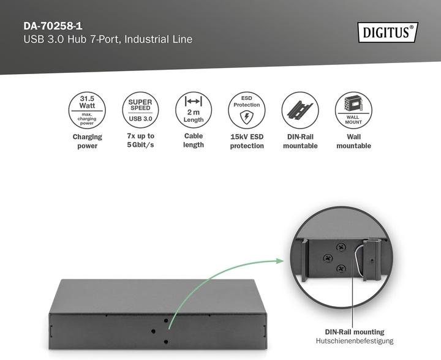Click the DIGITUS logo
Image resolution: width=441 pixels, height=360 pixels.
pos(386,32)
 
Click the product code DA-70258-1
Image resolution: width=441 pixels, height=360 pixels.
pos(52,26)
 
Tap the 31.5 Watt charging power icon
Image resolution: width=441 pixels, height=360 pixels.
pos(87,110)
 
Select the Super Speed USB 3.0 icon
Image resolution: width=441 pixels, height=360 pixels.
pos(140,110)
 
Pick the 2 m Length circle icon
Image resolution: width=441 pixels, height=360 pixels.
pos(194,110)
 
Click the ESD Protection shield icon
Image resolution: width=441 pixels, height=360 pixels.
pos(247,110)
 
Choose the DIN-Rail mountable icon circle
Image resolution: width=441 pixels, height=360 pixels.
pos(300,110)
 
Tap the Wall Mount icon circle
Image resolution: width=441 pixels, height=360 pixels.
pos(353,110)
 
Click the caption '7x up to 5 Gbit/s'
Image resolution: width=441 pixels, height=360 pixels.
pos(140,141)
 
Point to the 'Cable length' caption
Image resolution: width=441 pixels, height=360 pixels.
pos(194,140)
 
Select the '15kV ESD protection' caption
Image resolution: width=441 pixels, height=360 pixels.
pos(247,141)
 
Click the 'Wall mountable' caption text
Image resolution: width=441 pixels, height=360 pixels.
pos(353,141)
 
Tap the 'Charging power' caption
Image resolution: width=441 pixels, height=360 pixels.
pos(87,141)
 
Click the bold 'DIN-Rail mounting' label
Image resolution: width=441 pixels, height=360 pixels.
pos(355,332)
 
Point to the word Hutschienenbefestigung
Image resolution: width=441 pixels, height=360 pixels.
pos(355,341)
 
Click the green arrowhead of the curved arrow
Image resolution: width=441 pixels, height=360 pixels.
pos(280,261)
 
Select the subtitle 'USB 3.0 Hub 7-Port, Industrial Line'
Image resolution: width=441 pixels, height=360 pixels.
pos(108,40)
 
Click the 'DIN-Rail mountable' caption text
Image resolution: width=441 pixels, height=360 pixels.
pos(300,141)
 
